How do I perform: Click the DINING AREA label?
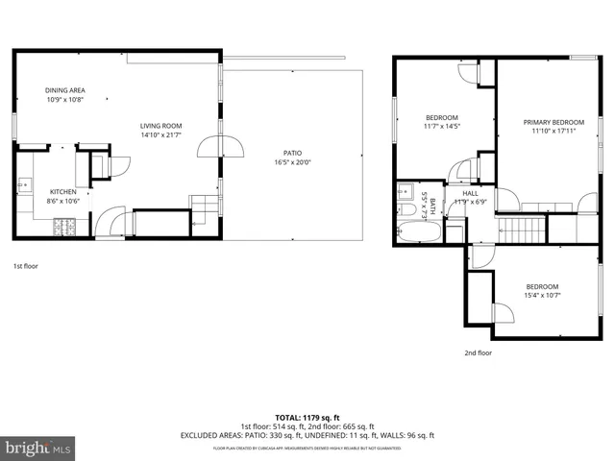[x=64, y=90]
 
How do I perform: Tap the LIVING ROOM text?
[x=160, y=126]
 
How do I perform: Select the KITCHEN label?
[x=62, y=192]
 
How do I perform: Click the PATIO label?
[x=292, y=154]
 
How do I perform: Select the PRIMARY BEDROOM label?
[x=553, y=122]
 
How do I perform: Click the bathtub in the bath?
[x=419, y=232]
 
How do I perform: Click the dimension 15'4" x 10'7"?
[x=541, y=297]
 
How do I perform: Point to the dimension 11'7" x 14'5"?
[x=441, y=126]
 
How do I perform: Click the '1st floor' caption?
[x=25, y=265]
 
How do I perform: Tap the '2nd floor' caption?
[x=478, y=352]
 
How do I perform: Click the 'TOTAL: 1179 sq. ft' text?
[x=307, y=418]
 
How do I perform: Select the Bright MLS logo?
[x=38, y=448]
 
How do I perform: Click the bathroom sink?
[x=405, y=189]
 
